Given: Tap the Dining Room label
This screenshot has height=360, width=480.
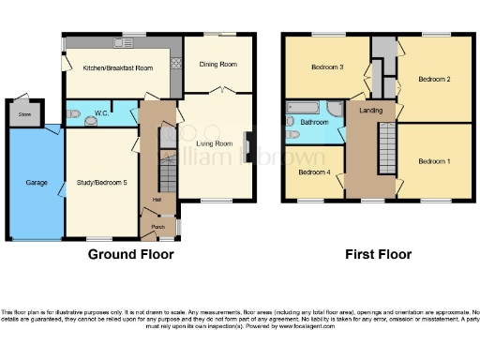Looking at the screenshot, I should pyautogui.click(x=217, y=64).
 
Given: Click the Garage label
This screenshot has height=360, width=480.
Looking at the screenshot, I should pyautogui.click(x=37, y=182).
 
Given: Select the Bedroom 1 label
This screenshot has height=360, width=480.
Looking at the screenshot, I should pyautogui.click(x=433, y=161).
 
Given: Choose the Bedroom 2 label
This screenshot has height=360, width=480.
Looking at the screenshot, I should pyautogui.click(x=434, y=79).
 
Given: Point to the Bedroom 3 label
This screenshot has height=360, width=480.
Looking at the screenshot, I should pyautogui.click(x=327, y=67).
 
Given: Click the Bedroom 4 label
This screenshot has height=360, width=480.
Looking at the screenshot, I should pyautogui.click(x=313, y=172).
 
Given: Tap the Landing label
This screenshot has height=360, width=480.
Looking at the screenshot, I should pyautogui.click(x=368, y=112).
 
